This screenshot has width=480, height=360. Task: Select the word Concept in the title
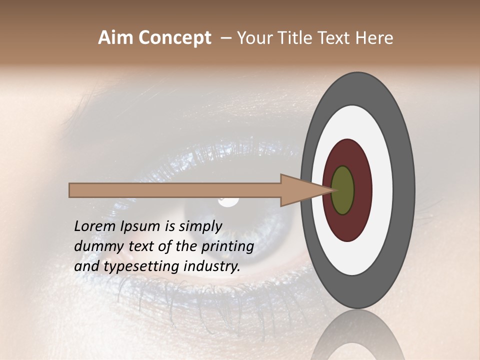click(174, 38)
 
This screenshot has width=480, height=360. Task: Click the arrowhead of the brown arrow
click(295, 190)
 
